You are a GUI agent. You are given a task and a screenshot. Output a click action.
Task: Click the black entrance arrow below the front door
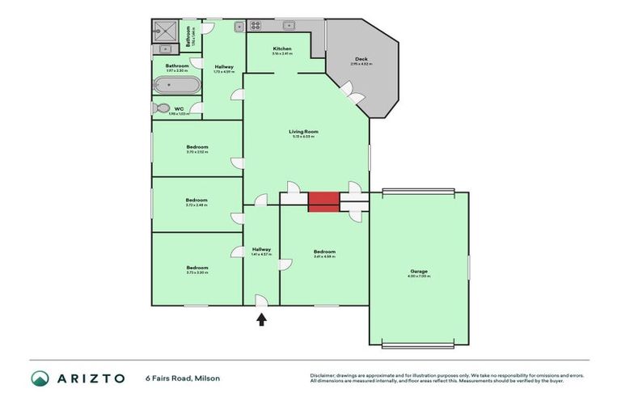pos(261,319)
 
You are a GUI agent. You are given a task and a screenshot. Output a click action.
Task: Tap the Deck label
pos(361,59)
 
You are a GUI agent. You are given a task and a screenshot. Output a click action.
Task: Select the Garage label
pos(419,271)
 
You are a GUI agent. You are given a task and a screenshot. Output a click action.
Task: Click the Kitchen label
pos(281,49)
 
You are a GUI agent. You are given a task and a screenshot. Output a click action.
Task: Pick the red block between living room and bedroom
pos(323,201)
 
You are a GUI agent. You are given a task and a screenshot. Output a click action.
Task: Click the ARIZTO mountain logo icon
pos(40,378)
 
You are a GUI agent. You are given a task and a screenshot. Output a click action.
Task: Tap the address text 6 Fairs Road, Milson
pos(182,378)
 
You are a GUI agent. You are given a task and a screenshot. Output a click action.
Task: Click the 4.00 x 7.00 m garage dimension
pos(419,277)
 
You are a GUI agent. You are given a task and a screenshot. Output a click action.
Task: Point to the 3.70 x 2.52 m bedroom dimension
pos(196,152)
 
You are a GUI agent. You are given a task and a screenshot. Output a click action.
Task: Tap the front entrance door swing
pos(261,300)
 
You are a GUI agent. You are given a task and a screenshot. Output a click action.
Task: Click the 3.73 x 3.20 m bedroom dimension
pos(196,273)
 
